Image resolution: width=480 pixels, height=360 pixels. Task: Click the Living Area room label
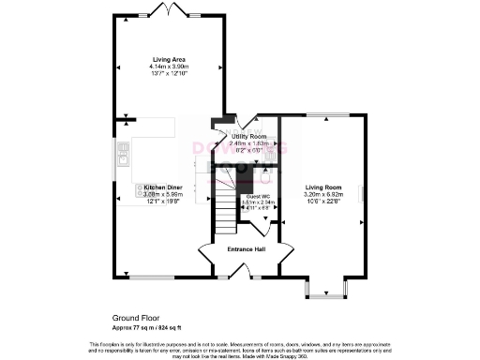tap(169, 59)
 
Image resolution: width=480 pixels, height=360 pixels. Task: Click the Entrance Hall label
tap(247, 249)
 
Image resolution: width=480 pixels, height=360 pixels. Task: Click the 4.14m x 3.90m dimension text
tap(169, 67)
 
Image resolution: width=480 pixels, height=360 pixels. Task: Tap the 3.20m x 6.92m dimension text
tap(322, 193)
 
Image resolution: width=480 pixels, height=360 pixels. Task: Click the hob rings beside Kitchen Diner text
tap(140, 193)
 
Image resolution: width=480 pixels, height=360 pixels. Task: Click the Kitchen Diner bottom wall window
tap(145, 277)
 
